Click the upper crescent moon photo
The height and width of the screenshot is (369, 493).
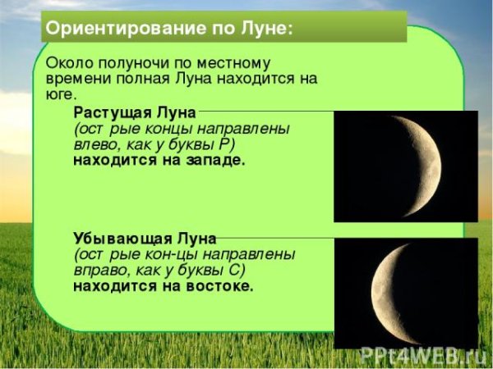pos(405,166)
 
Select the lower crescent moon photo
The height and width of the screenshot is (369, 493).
pos(405,292)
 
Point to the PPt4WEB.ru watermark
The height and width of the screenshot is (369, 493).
pos(422,355)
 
